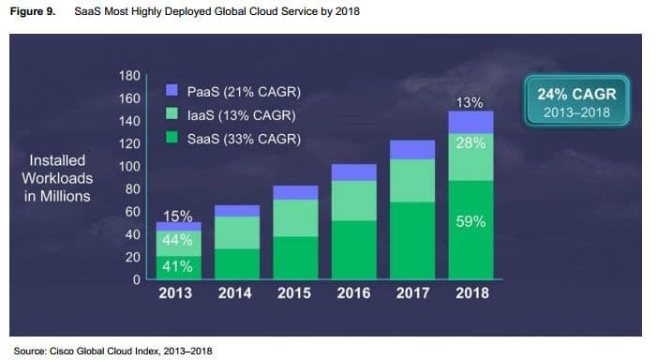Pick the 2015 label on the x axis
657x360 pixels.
tap(298, 293)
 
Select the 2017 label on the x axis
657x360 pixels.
tap(413, 293)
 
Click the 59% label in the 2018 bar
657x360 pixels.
tap(470, 222)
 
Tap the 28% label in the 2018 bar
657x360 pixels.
tap(470, 142)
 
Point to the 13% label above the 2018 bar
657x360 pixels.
tap(470, 101)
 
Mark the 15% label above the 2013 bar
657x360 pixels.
tap(178, 217)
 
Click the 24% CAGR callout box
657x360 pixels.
tap(576, 103)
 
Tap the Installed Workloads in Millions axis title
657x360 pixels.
tap(59, 178)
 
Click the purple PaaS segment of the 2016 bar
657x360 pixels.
tap(355, 172)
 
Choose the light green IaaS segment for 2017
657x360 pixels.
tap(413, 180)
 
